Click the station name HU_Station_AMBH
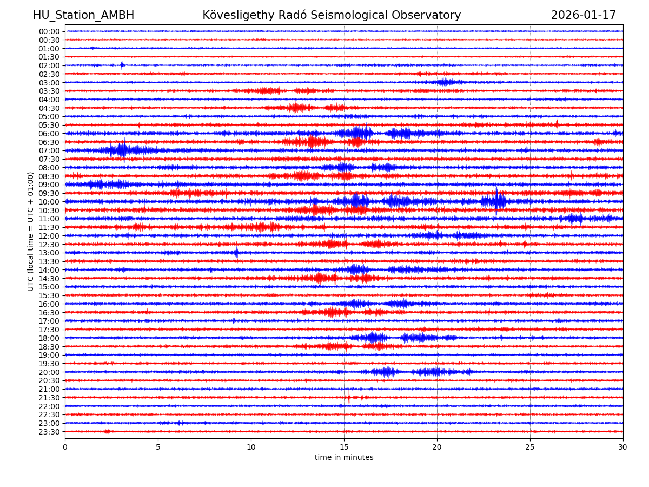[83, 16]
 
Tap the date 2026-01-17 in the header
[583, 16]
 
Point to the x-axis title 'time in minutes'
[344, 458]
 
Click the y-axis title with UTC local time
[31, 231]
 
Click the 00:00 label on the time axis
[49, 31]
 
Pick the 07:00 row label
[49, 150]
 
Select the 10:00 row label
[49, 202]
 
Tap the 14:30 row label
[49, 279]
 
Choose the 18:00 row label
[49, 338]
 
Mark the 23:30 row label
[49, 432]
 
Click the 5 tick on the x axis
[158, 447]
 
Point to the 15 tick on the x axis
[344, 447]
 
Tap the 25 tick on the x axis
[530, 447]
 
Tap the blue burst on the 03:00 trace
[443, 82]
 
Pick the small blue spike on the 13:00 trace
[236, 253]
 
